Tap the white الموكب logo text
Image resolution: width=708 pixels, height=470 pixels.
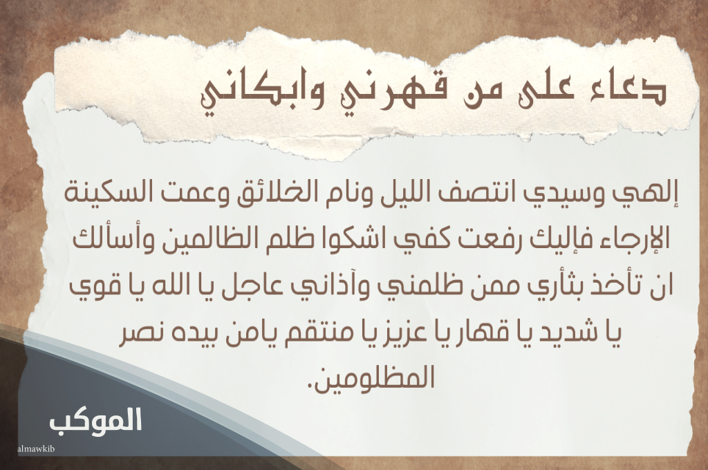coord(95,419)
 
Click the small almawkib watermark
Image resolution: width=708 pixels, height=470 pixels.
coord(36,448)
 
